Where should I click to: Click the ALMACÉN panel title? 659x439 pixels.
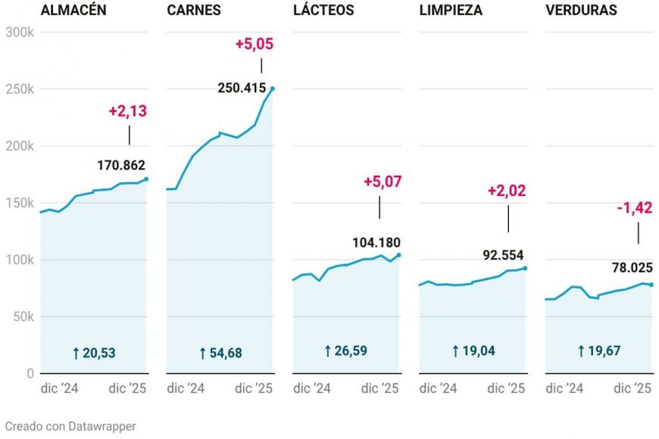73,11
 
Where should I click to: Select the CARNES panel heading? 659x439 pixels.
194,11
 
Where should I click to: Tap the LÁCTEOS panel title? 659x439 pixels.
323,11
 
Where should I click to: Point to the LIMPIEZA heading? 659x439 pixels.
451,11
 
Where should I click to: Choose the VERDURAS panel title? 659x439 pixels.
581,11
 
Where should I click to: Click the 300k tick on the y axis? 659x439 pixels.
19,32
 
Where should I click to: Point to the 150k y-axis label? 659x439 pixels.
19,203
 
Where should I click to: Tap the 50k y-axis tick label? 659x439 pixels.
22,316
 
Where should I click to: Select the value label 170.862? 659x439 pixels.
121,164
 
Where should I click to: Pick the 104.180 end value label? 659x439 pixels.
376,242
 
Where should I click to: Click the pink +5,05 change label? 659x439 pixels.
254,44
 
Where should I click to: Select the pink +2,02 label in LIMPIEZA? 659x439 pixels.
507,190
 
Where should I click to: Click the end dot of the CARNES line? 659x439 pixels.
273,89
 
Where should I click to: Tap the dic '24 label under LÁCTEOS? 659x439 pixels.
311,388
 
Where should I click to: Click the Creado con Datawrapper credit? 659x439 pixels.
70,426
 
